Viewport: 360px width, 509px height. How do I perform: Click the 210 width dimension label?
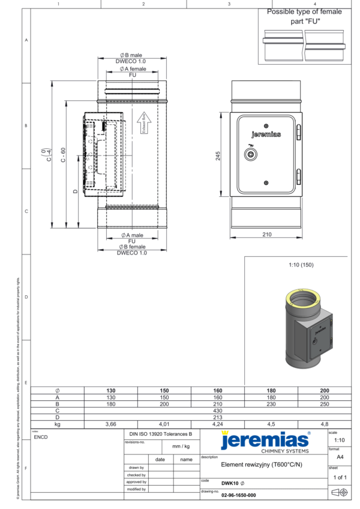point(266,235)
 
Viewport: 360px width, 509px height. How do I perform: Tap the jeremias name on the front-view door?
point(266,134)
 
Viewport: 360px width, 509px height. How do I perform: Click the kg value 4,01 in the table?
point(164,423)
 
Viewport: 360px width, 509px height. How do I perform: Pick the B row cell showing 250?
point(325,404)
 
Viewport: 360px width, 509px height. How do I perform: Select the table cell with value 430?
point(217,411)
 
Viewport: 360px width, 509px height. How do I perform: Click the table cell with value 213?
point(217,417)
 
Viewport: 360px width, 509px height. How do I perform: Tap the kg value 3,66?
point(110,423)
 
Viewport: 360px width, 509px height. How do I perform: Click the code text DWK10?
point(229,483)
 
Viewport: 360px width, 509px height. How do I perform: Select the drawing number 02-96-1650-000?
point(239,495)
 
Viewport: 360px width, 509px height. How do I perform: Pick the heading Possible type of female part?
point(304,16)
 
